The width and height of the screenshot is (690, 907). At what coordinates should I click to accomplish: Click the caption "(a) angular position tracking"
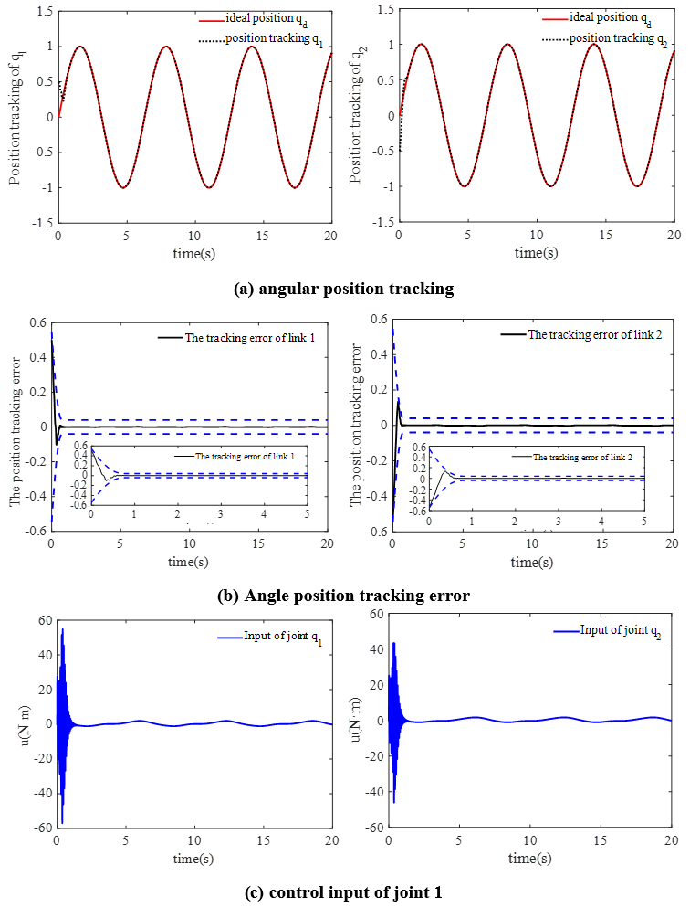[x=344, y=290]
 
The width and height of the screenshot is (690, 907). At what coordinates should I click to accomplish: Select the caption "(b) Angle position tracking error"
[x=344, y=596]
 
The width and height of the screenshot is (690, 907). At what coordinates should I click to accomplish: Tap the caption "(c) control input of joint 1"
[x=344, y=892]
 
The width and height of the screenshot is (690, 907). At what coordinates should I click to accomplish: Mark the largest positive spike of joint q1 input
[x=63, y=629]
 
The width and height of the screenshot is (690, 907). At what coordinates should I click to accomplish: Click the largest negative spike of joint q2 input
[x=394, y=802]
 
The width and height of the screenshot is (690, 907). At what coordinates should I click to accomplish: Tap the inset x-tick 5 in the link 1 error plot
[x=306, y=516]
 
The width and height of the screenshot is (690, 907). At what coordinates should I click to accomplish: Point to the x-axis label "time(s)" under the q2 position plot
[x=535, y=252]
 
